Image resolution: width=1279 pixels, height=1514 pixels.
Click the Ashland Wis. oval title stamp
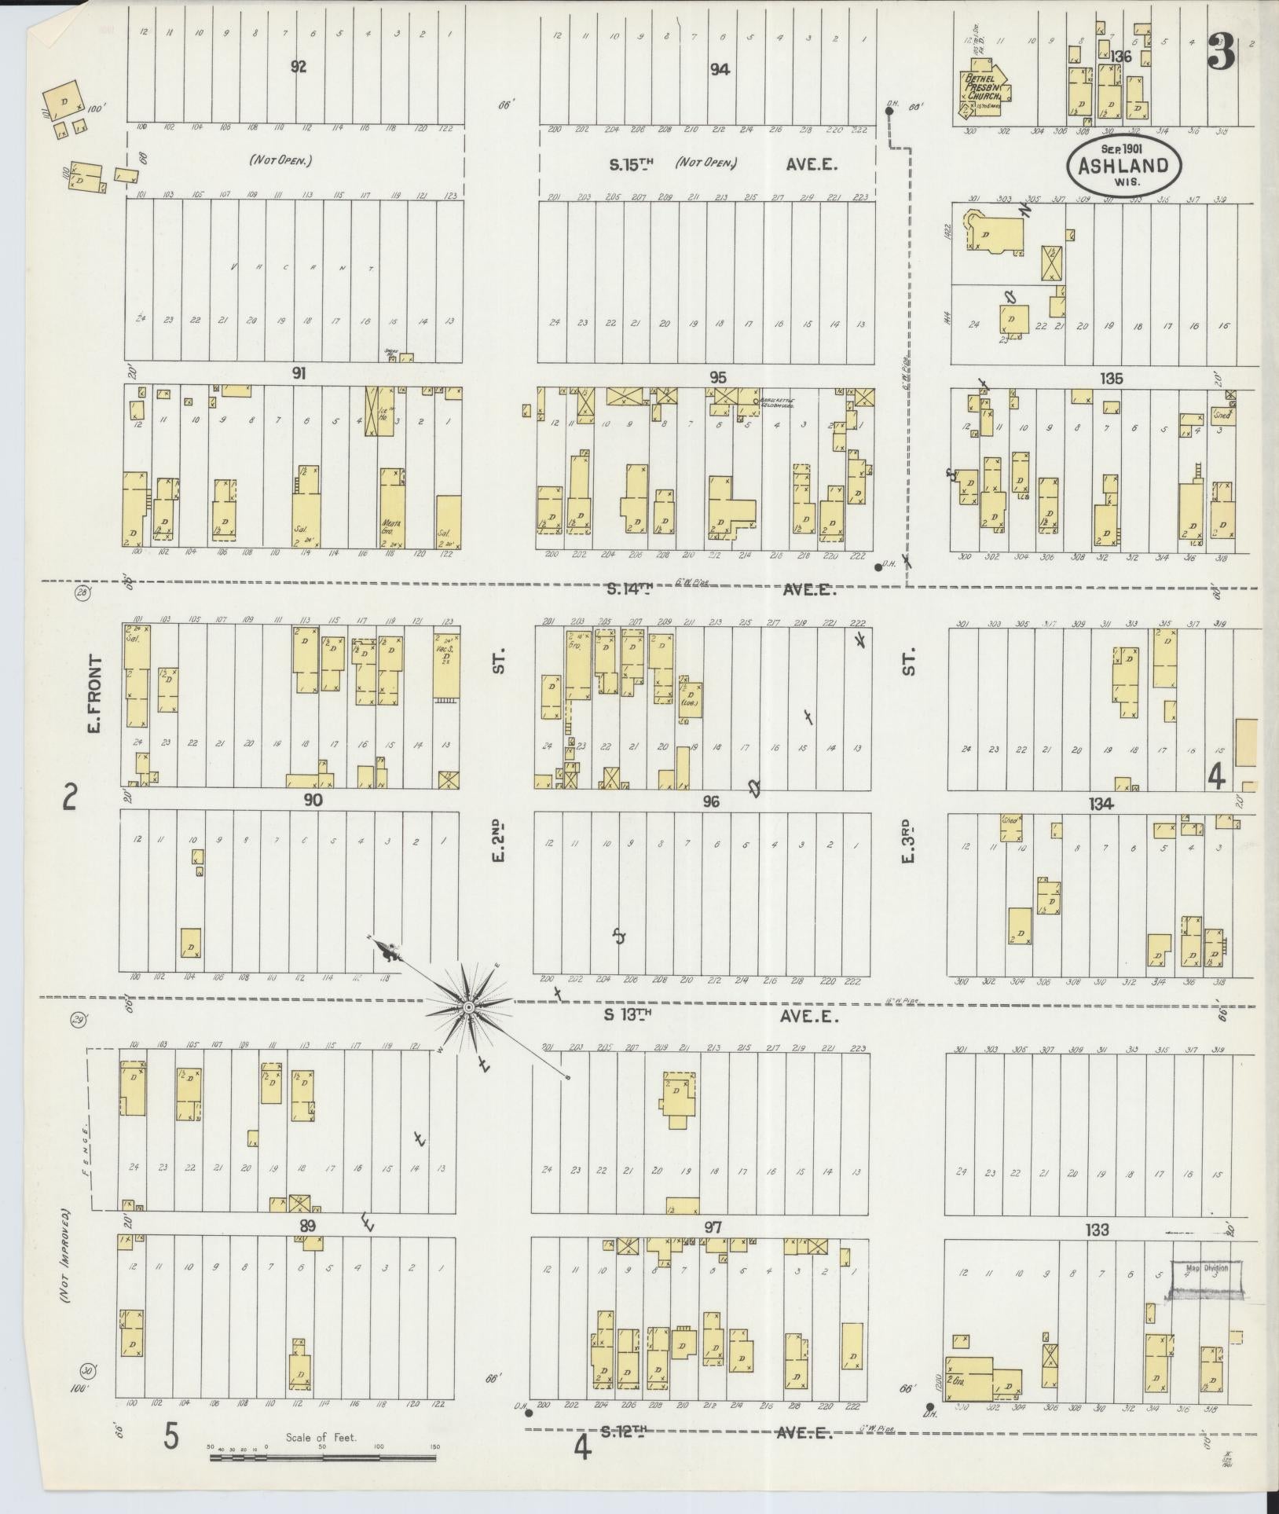(x=1116, y=166)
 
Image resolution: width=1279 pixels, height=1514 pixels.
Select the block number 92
(x=299, y=67)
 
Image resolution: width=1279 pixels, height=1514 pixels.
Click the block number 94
(x=720, y=69)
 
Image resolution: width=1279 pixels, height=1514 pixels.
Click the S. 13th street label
(x=628, y=1015)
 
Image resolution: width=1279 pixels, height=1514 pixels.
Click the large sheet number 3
(x=1222, y=53)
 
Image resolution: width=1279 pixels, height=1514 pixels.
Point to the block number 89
(x=307, y=1225)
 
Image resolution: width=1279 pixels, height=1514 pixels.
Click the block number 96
(x=712, y=802)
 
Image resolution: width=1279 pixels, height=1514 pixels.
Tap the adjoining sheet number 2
(x=70, y=800)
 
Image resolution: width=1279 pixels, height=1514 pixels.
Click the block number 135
(x=1111, y=378)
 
